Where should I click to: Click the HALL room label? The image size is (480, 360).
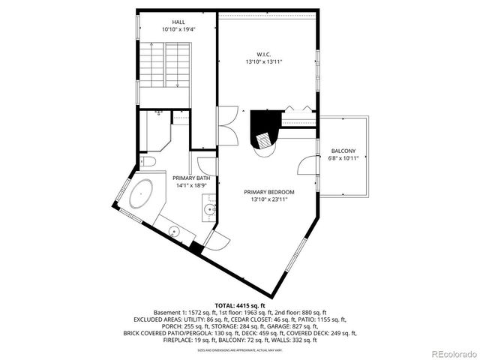(177, 22)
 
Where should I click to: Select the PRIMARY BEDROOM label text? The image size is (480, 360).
(268, 192)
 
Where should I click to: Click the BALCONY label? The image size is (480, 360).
(343, 151)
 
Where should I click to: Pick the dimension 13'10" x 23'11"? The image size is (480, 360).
(268, 199)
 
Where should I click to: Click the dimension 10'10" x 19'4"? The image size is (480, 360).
(177, 30)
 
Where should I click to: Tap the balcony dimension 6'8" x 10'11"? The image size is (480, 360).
(343, 158)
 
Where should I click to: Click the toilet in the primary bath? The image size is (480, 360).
(148, 161)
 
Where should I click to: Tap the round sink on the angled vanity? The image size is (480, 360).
(172, 232)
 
